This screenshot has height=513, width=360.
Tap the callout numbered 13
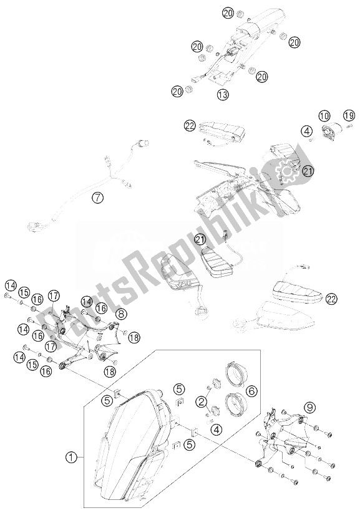[x=223, y=95]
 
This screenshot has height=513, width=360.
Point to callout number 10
[x=324, y=115]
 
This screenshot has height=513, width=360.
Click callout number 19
[x=349, y=115]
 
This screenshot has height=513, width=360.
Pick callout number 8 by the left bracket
[x=121, y=314]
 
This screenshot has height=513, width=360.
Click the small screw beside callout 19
[x=349, y=126]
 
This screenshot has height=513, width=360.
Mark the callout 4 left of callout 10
[x=306, y=132]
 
